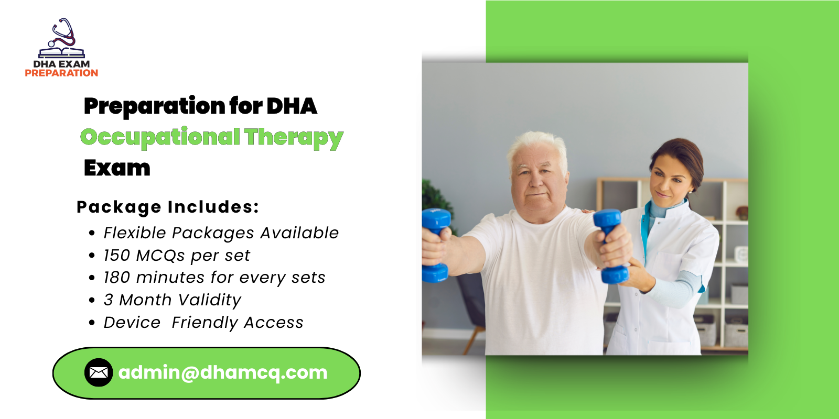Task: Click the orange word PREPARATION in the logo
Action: pos(61,73)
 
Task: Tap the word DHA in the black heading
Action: pos(292,106)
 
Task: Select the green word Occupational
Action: pos(160,137)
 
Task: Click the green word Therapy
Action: pos(294,138)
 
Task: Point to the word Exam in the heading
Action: pos(117,168)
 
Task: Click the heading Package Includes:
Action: pos(168,207)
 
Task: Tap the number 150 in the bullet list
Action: pos(116,256)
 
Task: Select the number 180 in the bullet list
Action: pos(116,278)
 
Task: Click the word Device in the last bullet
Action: pos(132,323)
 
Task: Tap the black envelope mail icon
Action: pos(99,372)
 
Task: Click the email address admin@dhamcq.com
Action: pos(223,372)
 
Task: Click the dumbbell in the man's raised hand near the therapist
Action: pos(609,246)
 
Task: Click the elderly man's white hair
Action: pos(537,144)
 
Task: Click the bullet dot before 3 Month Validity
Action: pos(92,301)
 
